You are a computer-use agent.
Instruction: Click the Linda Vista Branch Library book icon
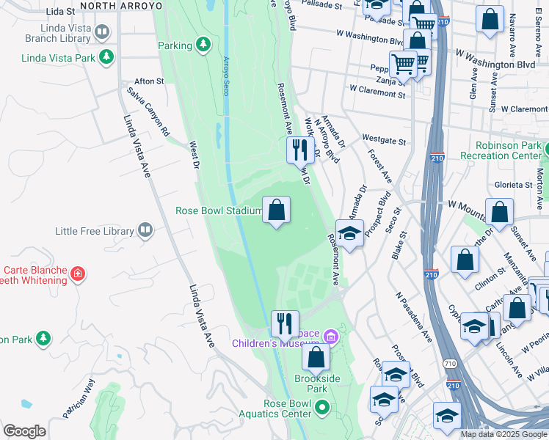[x=102, y=32]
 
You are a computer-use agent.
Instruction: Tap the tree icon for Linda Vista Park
[x=107, y=56]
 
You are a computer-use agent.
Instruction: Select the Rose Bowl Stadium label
[x=218, y=211]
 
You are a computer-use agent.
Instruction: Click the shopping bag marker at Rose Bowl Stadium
[x=276, y=211]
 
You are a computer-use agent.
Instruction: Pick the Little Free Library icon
[x=146, y=231]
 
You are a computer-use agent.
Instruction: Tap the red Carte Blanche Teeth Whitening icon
[x=79, y=275]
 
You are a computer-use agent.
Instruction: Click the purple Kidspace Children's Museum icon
[x=331, y=337]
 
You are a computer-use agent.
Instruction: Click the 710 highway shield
[x=450, y=364]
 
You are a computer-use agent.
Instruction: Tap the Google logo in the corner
[x=24, y=431]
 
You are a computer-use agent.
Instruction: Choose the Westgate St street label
[x=384, y=139]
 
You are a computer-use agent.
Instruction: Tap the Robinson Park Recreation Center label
[x=503, y=151]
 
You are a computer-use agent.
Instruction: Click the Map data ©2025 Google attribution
[x=503, y=434]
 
